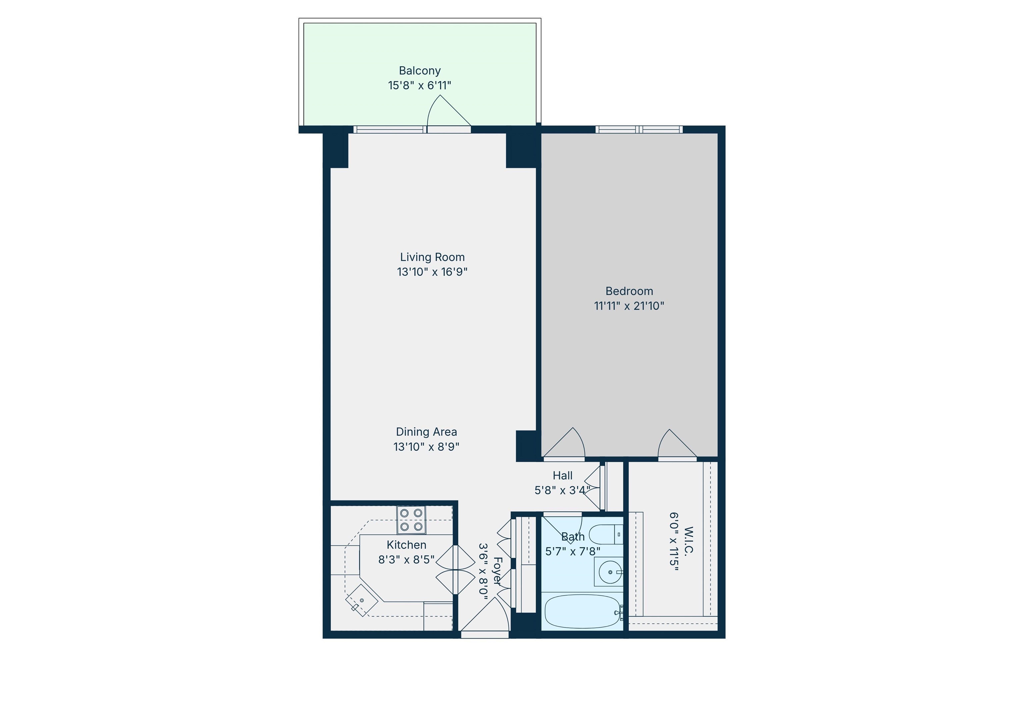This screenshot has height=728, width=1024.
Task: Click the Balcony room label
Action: pos(420,71)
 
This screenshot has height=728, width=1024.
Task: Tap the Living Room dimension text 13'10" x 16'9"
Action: pos(432,272)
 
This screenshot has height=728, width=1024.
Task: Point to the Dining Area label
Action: pos(426,432)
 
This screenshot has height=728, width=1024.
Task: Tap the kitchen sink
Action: pos(362,600)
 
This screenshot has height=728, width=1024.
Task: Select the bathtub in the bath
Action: pos(582,611)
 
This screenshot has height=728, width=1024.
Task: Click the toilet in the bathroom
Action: pos(606,534)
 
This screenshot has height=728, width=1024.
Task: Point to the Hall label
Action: pos(562,476)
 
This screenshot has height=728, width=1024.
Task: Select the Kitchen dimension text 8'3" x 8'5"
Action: pos(406,560)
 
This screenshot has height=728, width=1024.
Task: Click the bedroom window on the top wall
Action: pos(639,130)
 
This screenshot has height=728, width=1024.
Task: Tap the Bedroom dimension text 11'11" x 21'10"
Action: pos(629,306)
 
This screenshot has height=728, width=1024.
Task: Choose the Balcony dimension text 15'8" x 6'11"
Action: pos(419,86)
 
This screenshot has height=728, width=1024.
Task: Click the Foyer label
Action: pos(497,571)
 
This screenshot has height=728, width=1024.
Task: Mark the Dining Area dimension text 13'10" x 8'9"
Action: pos(426,447)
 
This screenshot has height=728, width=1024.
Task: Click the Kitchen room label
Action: pos(406,545)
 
